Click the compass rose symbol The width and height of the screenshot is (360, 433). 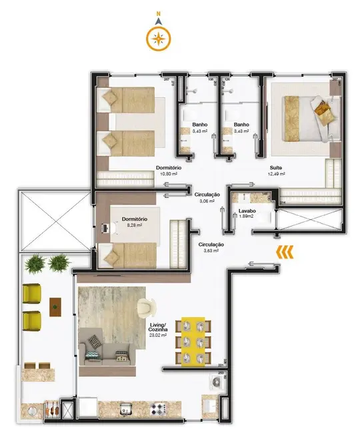(x=158, y=39)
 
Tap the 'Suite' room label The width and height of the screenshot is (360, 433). (x=276, y=167)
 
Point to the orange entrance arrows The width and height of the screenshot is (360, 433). (x=285, y=251)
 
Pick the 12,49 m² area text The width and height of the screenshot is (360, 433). (x=276, y=174)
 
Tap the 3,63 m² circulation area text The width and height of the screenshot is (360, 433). (x=211, y=251)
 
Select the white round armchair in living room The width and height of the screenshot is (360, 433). (x=146, y=306)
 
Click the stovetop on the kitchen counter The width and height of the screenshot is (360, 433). (x=157, y=408)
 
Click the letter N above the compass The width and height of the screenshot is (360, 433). (x=158, y=13)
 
